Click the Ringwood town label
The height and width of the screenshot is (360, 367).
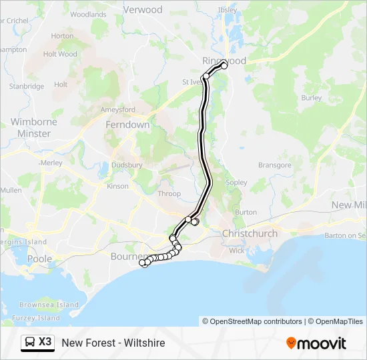[224, 60]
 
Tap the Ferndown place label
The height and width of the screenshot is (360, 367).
[127, 125]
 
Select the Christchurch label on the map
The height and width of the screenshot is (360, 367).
[250, 233]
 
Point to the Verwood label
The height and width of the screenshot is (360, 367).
[143, 10]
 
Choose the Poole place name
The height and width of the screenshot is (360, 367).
[39, 259]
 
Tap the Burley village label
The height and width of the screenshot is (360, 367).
[311, 97]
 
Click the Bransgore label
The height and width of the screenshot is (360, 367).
[275, 165]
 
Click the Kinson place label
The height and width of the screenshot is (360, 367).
[117, 186]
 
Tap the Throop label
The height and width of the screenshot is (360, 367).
[169, 194]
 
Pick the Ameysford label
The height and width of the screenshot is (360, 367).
[117, 109]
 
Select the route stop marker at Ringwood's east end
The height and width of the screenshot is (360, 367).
[224, 65]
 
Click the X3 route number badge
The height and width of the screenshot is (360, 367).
[45, 342]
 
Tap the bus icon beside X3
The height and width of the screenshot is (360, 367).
[30, 343]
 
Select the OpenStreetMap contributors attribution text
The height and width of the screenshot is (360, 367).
[252, 321]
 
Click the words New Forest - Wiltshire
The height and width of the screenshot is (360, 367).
[113, 343]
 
